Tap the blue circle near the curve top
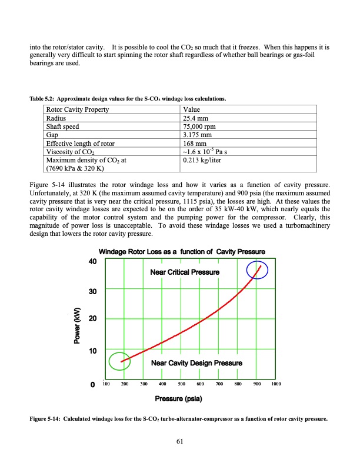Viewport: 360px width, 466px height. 257,270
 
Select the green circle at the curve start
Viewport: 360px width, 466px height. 119,361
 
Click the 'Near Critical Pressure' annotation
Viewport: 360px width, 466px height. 185,272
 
